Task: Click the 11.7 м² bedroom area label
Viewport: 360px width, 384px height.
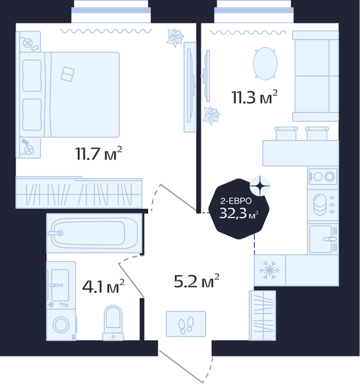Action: tap(98, 154)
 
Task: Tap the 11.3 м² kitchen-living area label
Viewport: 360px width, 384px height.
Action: tap(254, 97)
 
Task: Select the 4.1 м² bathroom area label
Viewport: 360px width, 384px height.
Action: tap(103, 286)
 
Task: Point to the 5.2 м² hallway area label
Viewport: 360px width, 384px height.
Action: tap(196, 281)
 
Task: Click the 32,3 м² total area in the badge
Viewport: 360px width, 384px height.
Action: tap(239, 214)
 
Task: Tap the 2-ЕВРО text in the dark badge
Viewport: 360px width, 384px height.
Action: tap(236, 201)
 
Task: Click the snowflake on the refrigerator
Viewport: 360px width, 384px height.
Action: tap(269, 271)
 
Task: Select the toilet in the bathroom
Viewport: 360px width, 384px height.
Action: tap(113, 323)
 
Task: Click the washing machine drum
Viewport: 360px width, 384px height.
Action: tap(61, 325)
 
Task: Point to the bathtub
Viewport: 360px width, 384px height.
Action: tap(94, 233)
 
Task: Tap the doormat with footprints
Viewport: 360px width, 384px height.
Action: tap(186, 324)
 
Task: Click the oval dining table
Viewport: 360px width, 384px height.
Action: tap(265, 64)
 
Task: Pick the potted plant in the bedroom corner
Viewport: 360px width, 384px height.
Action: tap(175, 37)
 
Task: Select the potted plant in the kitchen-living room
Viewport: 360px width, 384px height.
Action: tap(211, 116)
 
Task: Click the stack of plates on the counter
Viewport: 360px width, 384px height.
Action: tap(320, 205)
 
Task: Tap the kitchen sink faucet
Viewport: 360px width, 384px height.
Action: tap(329, 239)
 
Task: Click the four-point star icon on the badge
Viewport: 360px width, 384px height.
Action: tap(260, 186)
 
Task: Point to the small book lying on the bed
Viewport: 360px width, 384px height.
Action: tap(68, 74)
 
